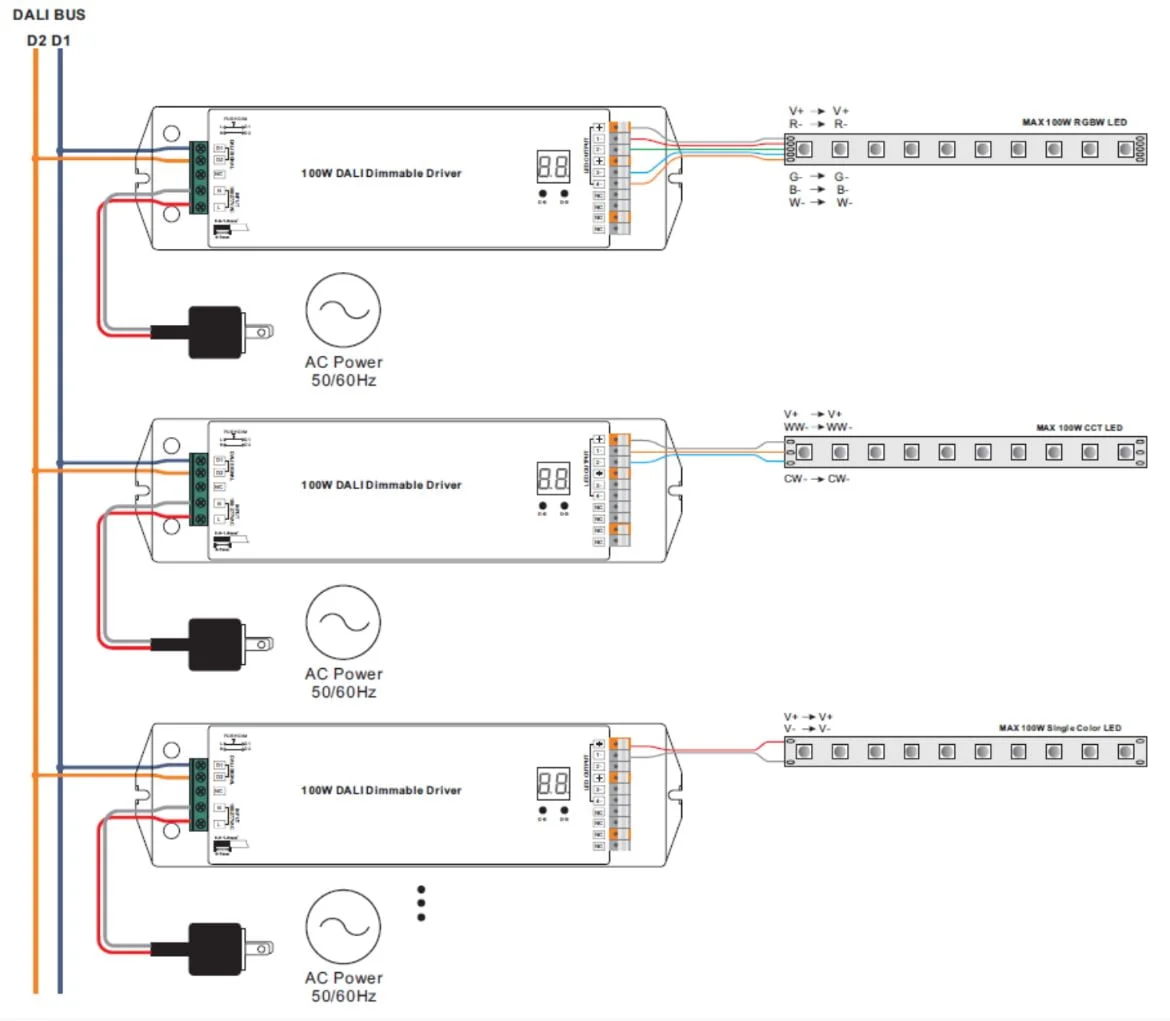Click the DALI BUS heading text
tap(48, 16)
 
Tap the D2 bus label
tap(36, 41)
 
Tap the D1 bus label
tap(61, 41)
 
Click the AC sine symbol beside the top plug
tap(343, 310)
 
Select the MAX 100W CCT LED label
tap(1079, 428)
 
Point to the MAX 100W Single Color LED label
tap(1060, 728)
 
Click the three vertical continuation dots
tap(421, 902)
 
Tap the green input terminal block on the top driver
tap(200, 178)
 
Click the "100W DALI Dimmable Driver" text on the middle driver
tap(382, 485)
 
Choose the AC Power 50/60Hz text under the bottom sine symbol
tap(343, 987)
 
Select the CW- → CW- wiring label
tap(817, 478)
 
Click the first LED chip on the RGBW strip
tap(805, 149)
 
